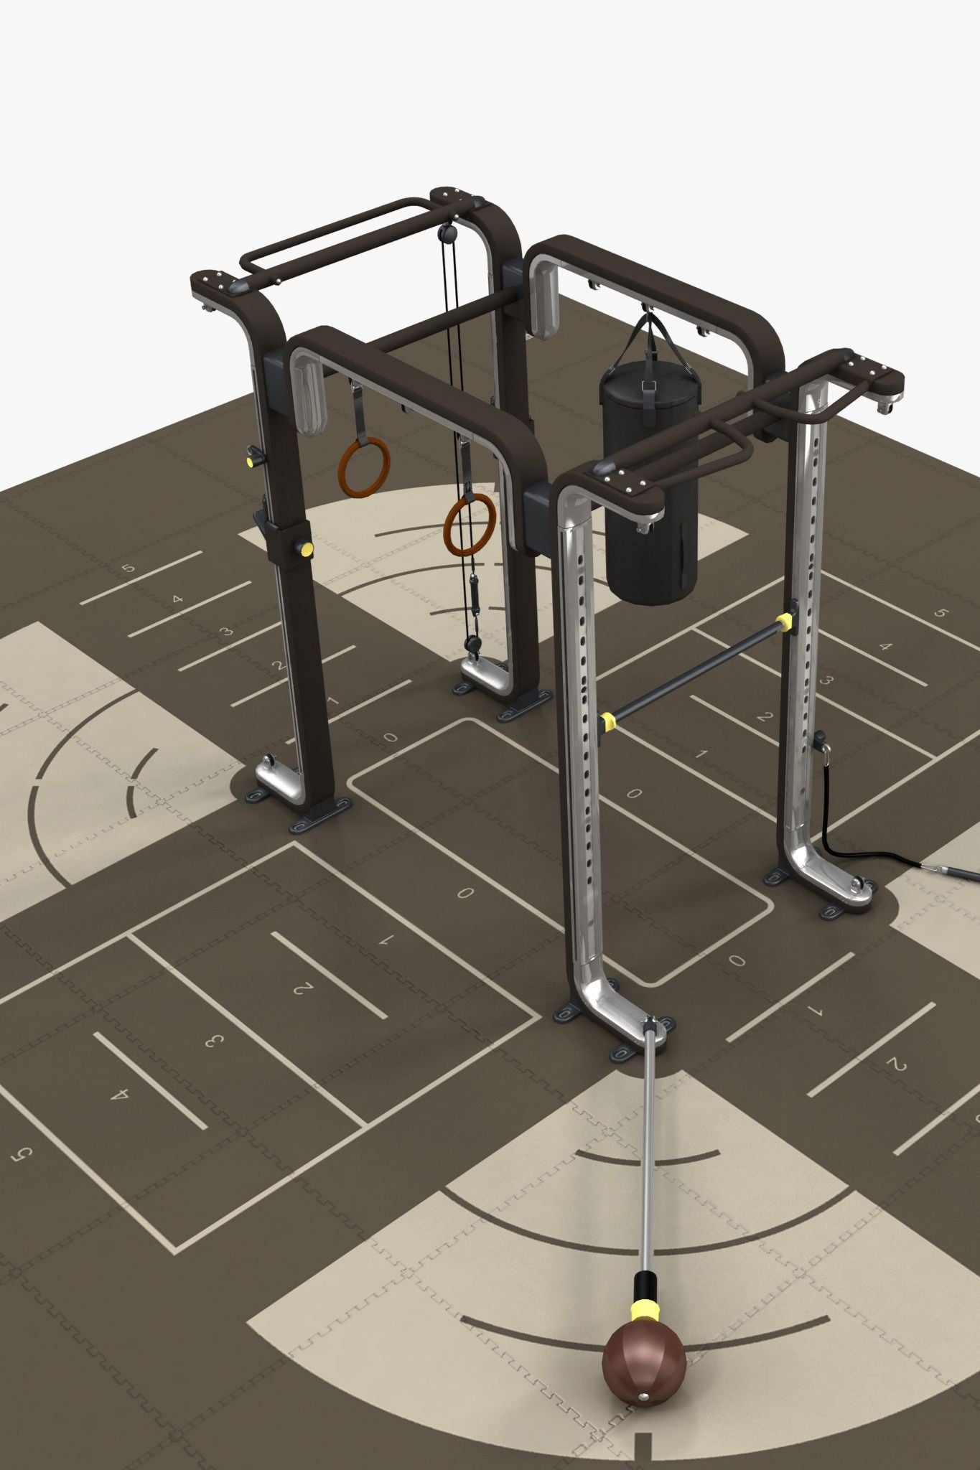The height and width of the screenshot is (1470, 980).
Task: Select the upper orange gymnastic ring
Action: (364, 467)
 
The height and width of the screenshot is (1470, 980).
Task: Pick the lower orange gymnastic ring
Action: (469, 525)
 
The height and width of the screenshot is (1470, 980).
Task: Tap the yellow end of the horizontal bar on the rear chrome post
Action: (785, 622)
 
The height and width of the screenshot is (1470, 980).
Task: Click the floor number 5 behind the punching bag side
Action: (942, 614)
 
